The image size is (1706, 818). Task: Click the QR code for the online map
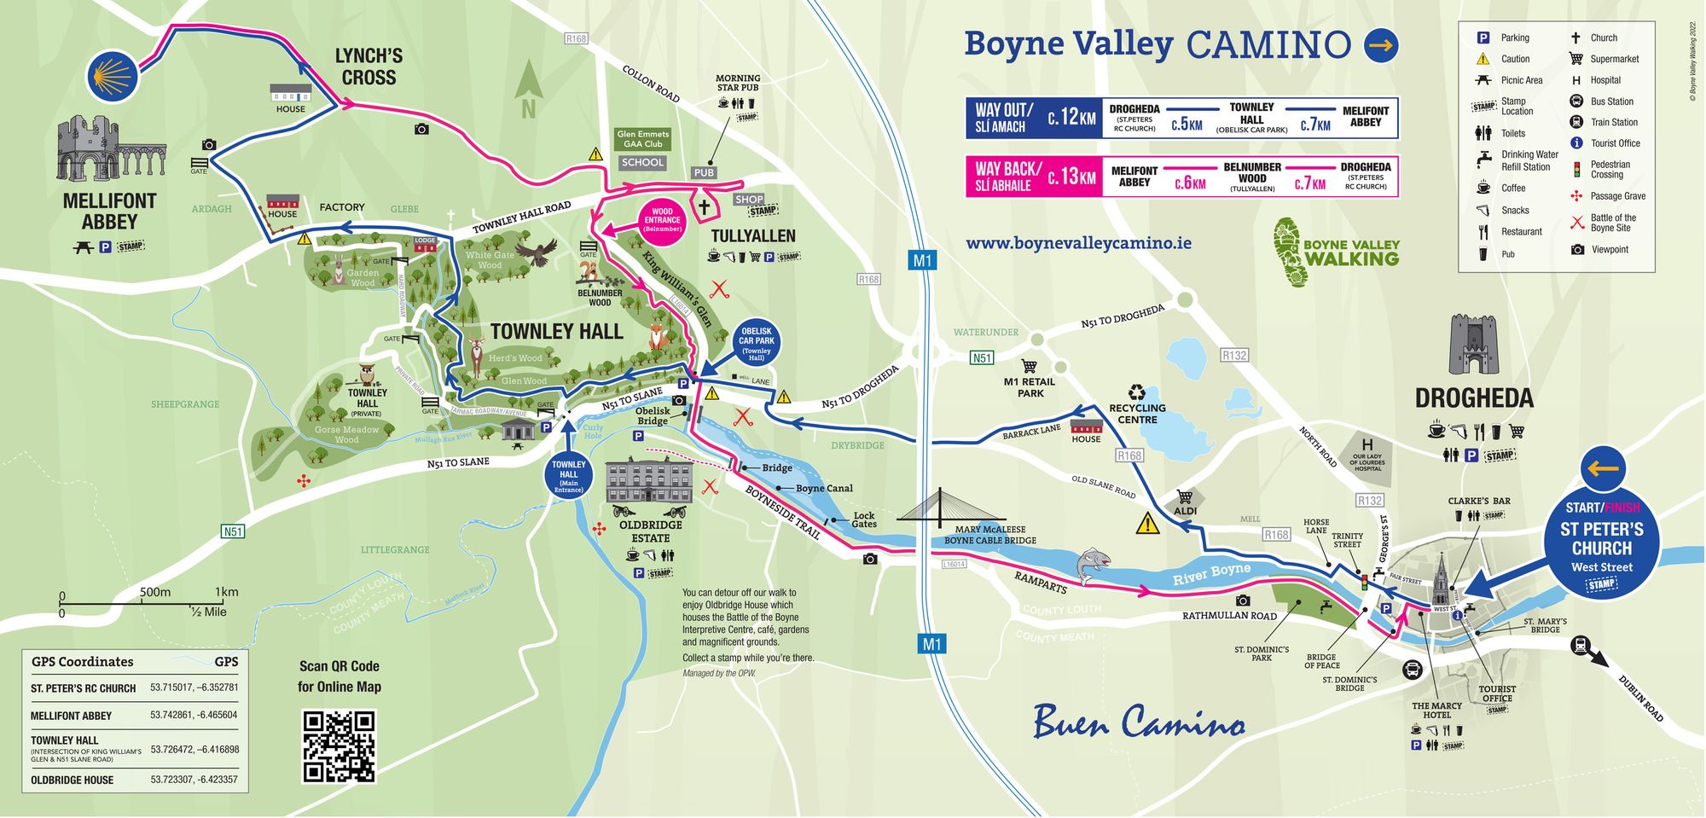coord(339,746)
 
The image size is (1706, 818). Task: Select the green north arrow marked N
coord(529,89)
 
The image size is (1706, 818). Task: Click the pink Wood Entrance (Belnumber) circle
coord(662,220)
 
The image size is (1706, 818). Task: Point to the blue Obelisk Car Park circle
coord(756,343)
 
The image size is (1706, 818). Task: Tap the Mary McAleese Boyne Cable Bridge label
coord(989,535)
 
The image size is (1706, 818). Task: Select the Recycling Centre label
coord(1137,413)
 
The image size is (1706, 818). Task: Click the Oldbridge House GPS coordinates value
coord(194,780)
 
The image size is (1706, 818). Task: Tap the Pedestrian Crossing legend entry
coord(1609,169)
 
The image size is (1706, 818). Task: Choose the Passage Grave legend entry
coord(1616,196)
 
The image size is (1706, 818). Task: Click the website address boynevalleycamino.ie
coord(1078,243)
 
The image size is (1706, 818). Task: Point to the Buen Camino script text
coord(1139,722)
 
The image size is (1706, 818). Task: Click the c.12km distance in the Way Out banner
coord(1071,118)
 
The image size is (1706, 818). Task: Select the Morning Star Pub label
coord(738,83)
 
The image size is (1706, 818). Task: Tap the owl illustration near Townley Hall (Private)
coord(368,375)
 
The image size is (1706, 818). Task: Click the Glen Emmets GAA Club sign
coord(643,139)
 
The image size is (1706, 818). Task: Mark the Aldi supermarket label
coord(1185,510)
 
